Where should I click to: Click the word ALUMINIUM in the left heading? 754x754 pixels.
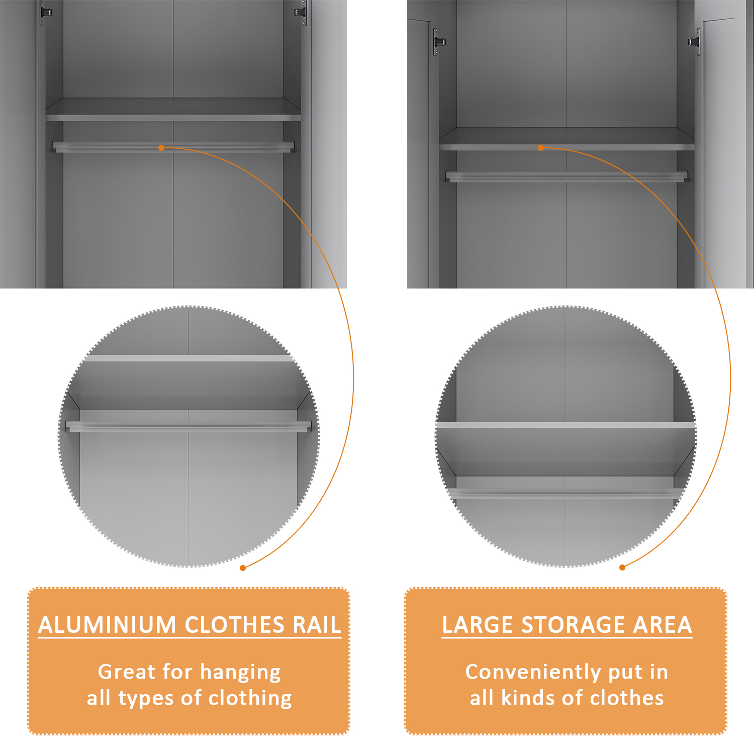tap(107, 625)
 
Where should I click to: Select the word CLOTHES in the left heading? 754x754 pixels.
tap(235, 625)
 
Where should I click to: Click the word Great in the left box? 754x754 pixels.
tap(127, 672)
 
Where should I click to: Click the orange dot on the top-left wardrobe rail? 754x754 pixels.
tap(161, 148)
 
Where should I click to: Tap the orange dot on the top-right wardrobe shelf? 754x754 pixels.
tap(541, 148)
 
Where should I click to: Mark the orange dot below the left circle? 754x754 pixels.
tap(243, 568)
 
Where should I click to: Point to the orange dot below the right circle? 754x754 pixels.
tap(622, 568)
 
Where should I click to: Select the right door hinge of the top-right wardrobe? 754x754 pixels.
tap(695, 41)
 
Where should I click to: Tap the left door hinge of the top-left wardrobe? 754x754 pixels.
tap(46, 12)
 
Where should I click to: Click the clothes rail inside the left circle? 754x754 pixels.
tap(189, 427)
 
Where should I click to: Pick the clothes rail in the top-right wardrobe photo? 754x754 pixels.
tap(567, 177)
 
